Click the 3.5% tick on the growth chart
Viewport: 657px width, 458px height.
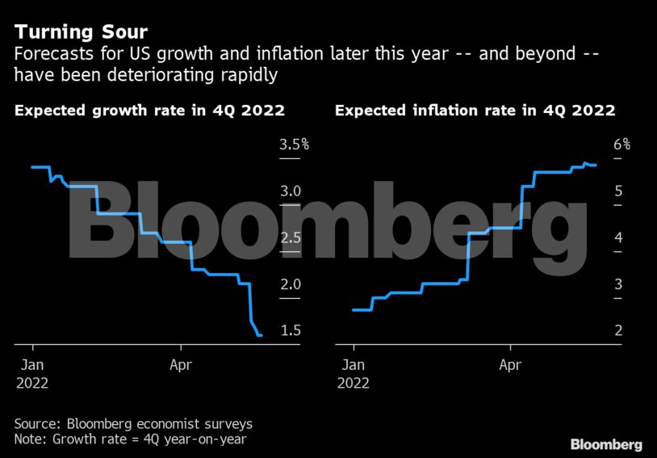pos(295,145)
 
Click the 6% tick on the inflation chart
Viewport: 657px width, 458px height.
pos(621,145)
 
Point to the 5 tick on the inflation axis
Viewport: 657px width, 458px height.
pos(617,191)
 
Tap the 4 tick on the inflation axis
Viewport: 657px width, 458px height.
pos(617,237)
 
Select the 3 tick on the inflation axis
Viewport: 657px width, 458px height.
pos(617,284)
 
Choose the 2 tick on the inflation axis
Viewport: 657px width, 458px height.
pos(617,330)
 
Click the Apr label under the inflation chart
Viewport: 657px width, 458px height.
pos(510,364)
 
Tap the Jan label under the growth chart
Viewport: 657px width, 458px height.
pos(31,364)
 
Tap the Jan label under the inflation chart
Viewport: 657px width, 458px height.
pos(354,364)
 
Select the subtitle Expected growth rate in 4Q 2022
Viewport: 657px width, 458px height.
pos(150,111)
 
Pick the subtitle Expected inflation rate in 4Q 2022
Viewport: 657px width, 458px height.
pos(475,111)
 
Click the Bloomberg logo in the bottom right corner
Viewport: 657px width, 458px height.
pos(606,444)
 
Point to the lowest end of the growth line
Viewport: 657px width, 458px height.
pos(259,335)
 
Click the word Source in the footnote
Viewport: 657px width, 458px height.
pos(36,423)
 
